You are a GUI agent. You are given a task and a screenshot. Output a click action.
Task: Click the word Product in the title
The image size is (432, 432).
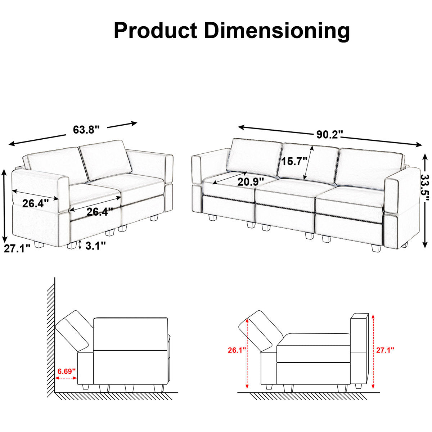point(155,30)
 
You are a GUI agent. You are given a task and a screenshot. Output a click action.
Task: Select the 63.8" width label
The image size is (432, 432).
point(86,130)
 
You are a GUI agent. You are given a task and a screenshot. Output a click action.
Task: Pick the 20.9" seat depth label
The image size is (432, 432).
point(251,182)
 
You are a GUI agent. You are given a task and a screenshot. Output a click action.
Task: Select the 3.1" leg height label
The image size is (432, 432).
point(95,246)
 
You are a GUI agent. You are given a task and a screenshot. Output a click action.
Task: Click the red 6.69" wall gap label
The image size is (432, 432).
point(67,371)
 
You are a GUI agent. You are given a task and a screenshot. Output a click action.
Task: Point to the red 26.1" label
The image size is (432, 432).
point(237,350)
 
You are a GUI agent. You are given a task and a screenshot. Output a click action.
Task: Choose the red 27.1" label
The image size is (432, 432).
point(385,350)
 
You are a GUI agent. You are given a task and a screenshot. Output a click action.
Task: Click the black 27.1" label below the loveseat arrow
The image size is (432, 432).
point(17,248)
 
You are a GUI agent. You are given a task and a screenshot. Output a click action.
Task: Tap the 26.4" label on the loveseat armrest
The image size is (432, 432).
point(35,203)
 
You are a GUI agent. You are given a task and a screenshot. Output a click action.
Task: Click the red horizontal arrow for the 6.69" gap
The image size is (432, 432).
point(67,378)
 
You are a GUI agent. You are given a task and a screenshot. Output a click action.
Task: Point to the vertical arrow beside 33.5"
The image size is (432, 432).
point(425,200)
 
